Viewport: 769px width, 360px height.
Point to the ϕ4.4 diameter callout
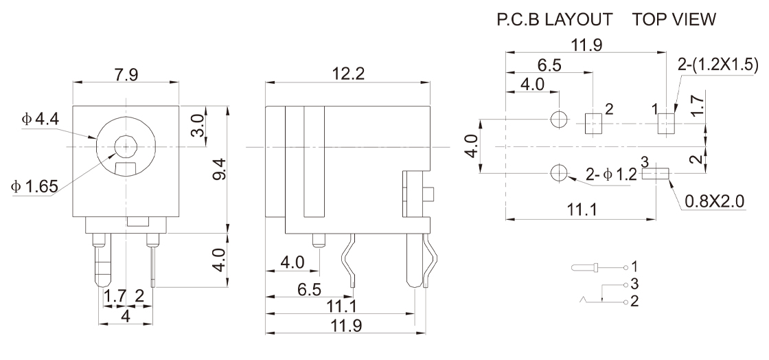coord(41,120)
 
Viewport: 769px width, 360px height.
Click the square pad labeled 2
coord(592,124)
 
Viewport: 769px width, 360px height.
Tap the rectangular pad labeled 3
coord(655,174)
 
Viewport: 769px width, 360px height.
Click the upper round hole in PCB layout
coord(559,120)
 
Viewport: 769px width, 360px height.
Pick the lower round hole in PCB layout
coord(559,172)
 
